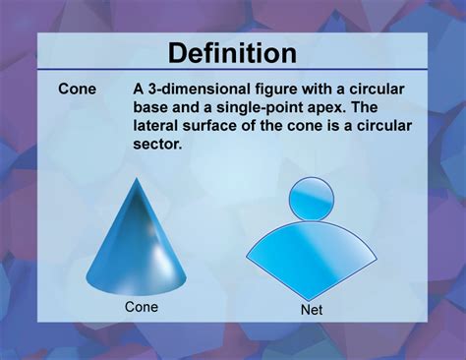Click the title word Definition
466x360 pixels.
pos(232,53)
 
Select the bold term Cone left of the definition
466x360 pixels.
pos(77,90)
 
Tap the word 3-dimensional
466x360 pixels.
pos(198,90)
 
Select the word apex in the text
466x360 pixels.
pos(327,108)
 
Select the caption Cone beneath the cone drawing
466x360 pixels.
pos(142,307)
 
